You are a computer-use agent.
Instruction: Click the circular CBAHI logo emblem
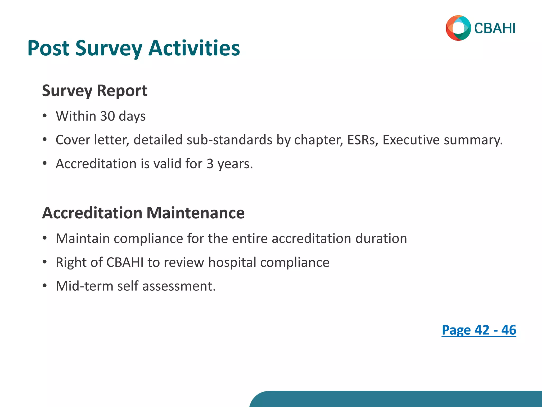coord(458,28)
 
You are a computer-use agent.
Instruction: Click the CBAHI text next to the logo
coord(495,28)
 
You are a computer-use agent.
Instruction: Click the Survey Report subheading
coord(94,91)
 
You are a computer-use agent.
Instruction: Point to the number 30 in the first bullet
coord(107,116)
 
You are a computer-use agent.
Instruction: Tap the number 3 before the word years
coord(210,164)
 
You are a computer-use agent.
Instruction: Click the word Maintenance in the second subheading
coord(195,213)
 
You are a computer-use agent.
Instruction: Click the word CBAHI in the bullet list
coord(125,262)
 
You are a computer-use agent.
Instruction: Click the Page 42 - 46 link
coord(479,330)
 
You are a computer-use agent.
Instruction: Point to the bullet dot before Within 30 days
coord(45,116)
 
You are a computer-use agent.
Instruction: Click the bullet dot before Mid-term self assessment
coord(45,286)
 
